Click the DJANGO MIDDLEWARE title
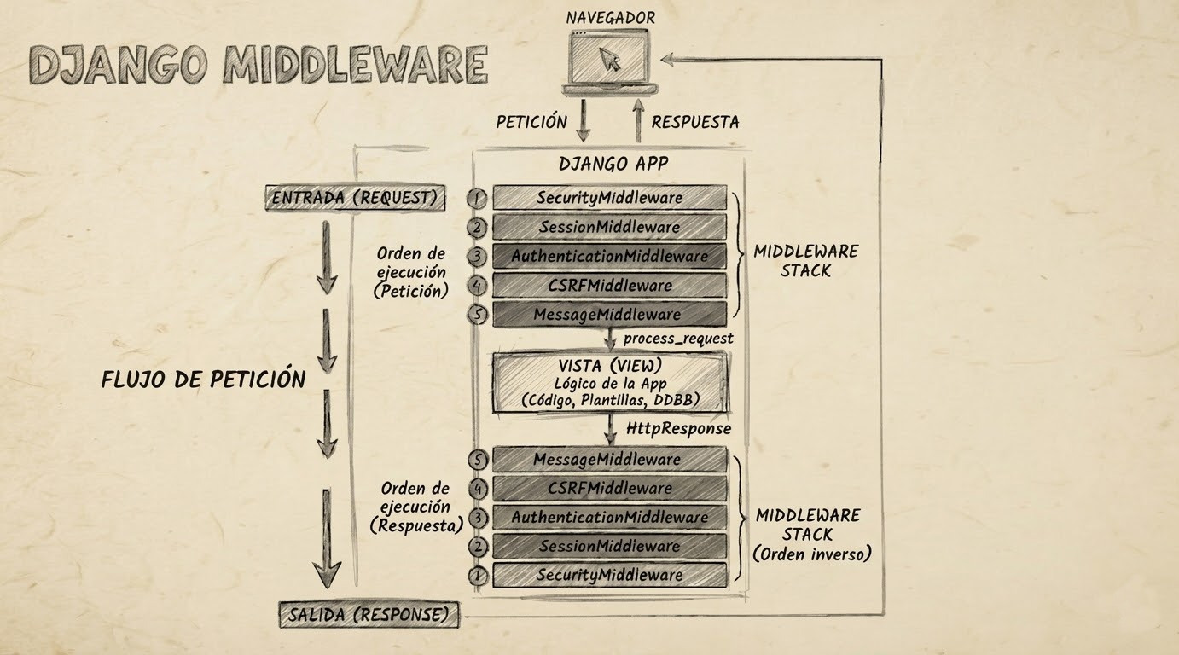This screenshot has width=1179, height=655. pos(258,63)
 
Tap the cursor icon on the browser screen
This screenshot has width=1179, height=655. pos(609,59)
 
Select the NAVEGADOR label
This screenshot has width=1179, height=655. pos(610,17)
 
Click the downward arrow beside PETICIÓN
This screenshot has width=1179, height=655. pos(583,120)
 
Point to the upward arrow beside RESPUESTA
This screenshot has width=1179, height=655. pos(636,120)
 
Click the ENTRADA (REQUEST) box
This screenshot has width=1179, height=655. pos(355,198)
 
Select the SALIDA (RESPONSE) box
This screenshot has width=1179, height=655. pos(369,614)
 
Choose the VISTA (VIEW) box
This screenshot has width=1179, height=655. pos(609,383)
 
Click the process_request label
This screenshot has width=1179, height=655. pos(677,339)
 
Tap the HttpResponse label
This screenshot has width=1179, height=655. pos(678,428)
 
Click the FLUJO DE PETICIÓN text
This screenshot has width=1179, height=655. pos(203,379)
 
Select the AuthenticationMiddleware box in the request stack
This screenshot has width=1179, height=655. pos(609,256)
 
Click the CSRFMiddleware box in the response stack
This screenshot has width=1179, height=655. pos(609,489)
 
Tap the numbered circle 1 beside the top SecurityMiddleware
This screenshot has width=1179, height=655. pos(478,198)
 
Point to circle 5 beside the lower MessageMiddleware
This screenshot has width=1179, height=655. pos(478,460)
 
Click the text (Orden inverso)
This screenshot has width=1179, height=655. pos(811,554)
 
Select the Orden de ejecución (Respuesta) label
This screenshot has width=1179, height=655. pos(415,507)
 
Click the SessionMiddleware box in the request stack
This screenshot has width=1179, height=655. pos(609,227)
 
